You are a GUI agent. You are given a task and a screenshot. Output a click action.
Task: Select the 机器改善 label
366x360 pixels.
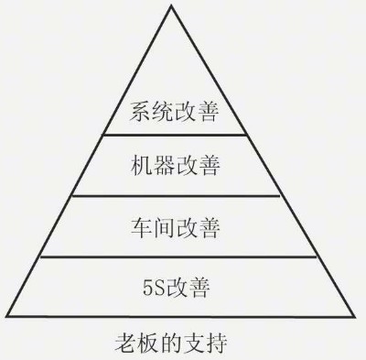click(176, 168)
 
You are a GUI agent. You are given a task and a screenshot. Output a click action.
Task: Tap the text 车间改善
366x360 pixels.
click(176, 224)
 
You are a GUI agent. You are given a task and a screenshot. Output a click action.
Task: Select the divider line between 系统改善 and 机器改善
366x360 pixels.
click(175, 135)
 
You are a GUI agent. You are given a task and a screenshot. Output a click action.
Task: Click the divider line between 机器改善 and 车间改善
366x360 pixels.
click(175, 195)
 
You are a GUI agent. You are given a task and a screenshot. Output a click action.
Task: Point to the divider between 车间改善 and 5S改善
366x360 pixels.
click(175, 256)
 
